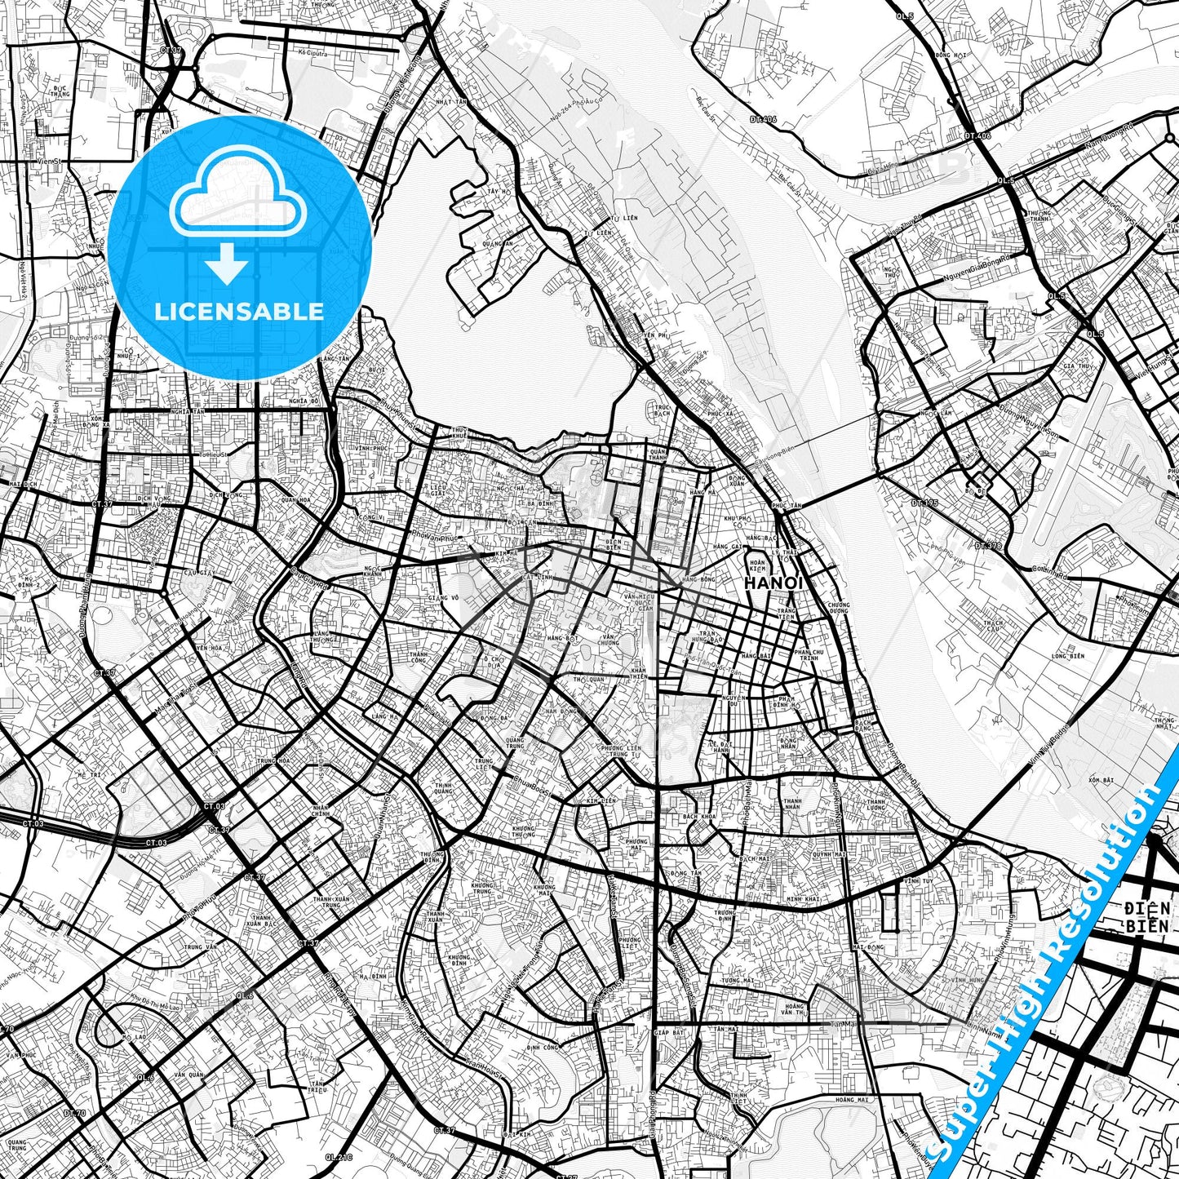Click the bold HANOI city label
773,583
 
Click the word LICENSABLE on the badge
239,311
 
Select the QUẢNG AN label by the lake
498,243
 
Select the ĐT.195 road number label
924,503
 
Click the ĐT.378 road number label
988,545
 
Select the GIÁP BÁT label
667,1033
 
